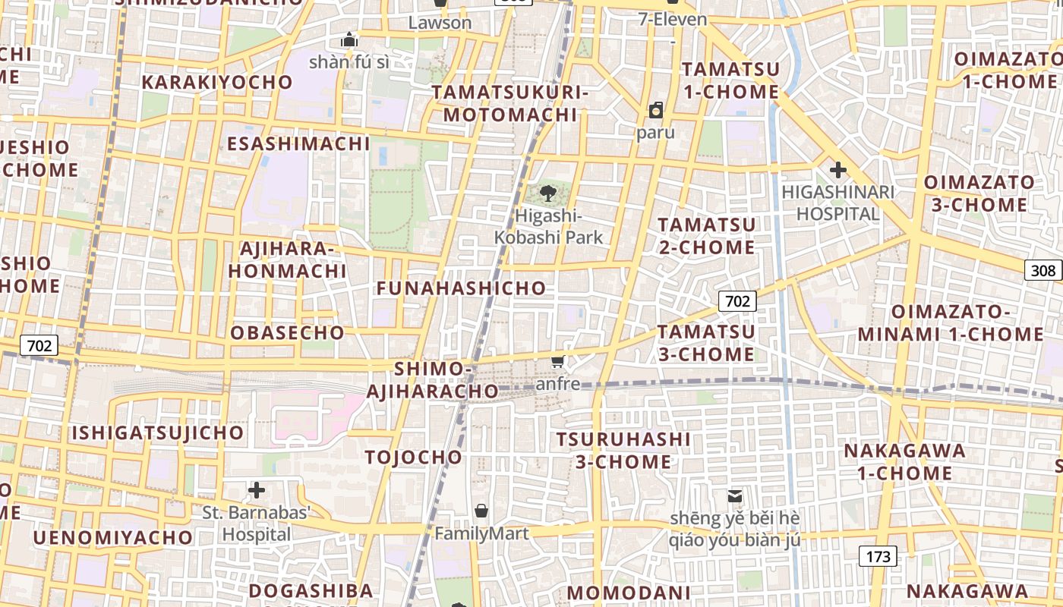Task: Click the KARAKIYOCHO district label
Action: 216,82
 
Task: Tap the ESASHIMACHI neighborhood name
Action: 298,143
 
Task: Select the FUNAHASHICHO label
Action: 461,288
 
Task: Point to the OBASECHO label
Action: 287,332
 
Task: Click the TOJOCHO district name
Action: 413,457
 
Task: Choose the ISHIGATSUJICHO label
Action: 158,433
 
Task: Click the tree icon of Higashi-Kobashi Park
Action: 548,193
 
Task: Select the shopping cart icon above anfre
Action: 558,362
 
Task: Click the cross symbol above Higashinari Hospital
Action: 837,170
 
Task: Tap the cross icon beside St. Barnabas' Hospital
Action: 257,490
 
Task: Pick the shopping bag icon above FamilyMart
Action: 481,510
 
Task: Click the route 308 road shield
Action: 1043,270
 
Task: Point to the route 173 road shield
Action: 878,557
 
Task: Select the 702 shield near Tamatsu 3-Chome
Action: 737,301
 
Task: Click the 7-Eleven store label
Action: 673,20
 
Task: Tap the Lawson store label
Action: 440,23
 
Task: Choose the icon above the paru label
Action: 656,111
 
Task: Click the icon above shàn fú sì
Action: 349,39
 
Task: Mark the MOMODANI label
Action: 629,593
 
